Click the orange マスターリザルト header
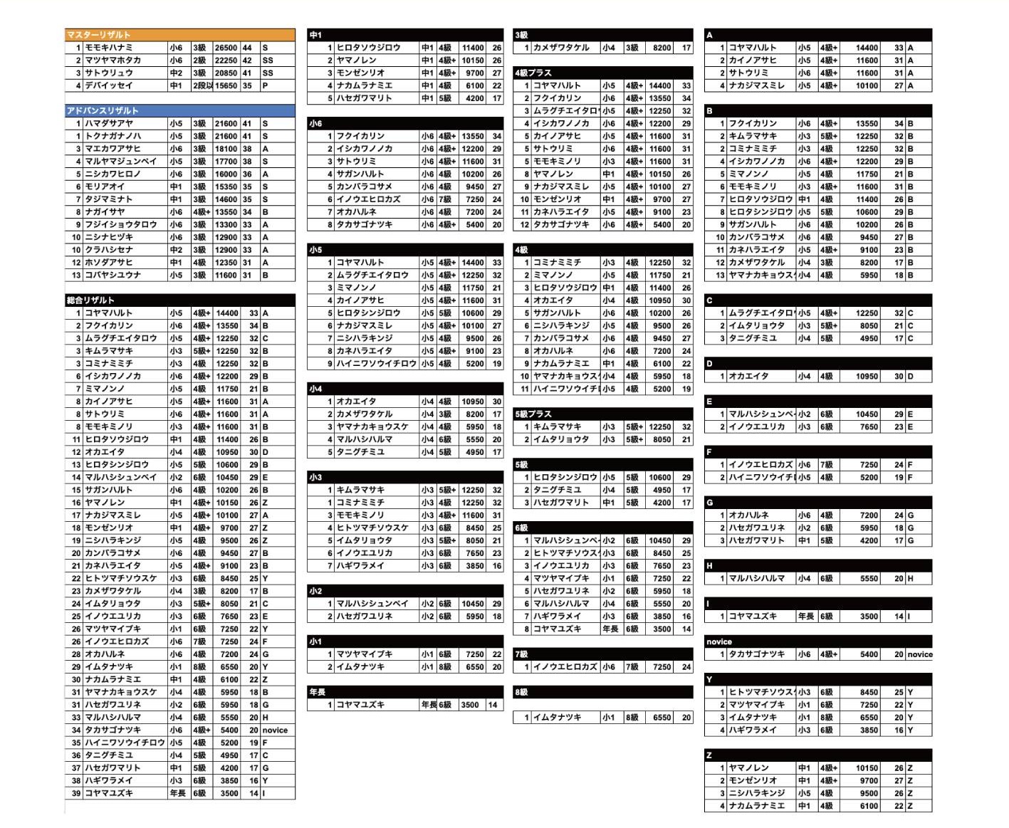pyautogui.click(x=179, y=35)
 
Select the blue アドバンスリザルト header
pyautogui.click(x=179, y=111)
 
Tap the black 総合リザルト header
pyautogui.click(x=179, y=300)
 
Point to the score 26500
pyautogui.click(x=226, y=48)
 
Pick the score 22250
pyautogui.click(x=226, y=61)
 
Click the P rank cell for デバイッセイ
pyautogui.click(x=265, y=85)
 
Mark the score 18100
pyautogui.click(x=226, y=149)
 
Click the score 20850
pyautogui.click(x=226, y=73)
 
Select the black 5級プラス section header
pyautogui.click(x=602, y=414)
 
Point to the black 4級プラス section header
pyautogui.click(x=602, y=73)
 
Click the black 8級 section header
pyautogui.click(x=602, y=692)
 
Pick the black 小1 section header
pyautogui.click(x=405, y=641)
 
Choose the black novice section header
pyautogui.click(x=817, y=641)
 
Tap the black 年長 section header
pyautogui.click(x=405, y=692)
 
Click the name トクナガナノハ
pyautogui.click(x=113, y=136)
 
